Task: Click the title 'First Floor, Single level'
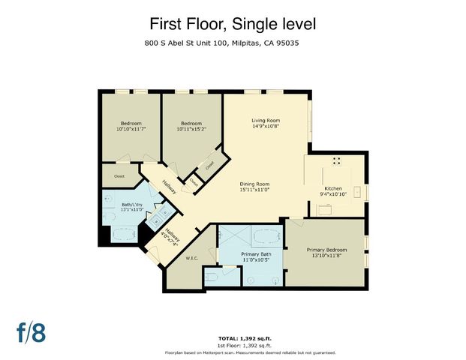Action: coord(233,25)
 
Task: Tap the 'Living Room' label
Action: coord(265,121)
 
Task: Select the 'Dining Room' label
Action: coord(254,184)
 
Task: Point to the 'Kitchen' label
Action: coord(332,188)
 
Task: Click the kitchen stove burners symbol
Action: coord(336,160)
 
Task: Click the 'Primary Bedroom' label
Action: coord(326,249)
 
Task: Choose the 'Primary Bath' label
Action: coord(251,254)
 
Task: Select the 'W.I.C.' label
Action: coord(191,259)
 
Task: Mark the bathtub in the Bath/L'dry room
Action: coord(121,235)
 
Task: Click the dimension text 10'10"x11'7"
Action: coord(131,129)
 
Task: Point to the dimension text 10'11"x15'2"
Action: coord(191,129)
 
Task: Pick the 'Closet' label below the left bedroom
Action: coord(119,176)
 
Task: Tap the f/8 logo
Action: coord(32,333)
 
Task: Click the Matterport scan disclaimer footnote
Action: coord(250,352)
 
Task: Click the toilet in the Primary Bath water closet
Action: coord(212,278)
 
